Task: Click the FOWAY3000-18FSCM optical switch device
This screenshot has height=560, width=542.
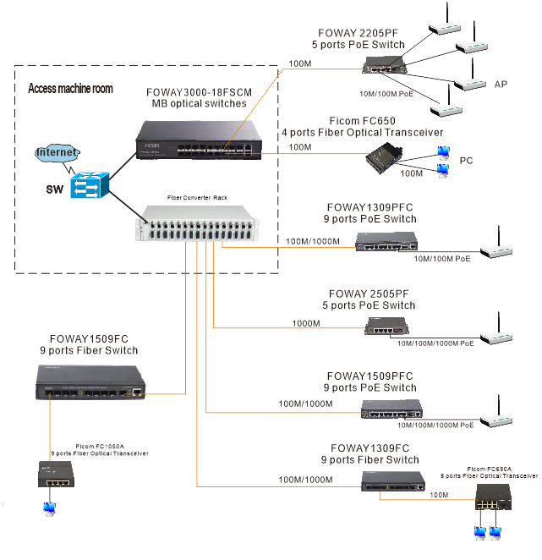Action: pyautogui.click(x=199, y=139)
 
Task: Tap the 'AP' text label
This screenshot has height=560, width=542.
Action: pyautogui.click(x=501, y=85)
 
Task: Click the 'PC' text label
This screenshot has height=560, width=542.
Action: pyautogui.click(x=466, y=161)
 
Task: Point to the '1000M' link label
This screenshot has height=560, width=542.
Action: pyautogui.click(x=306, y=323)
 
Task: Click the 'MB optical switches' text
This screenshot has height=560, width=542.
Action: pyautogui.click(x=194, y=103)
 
